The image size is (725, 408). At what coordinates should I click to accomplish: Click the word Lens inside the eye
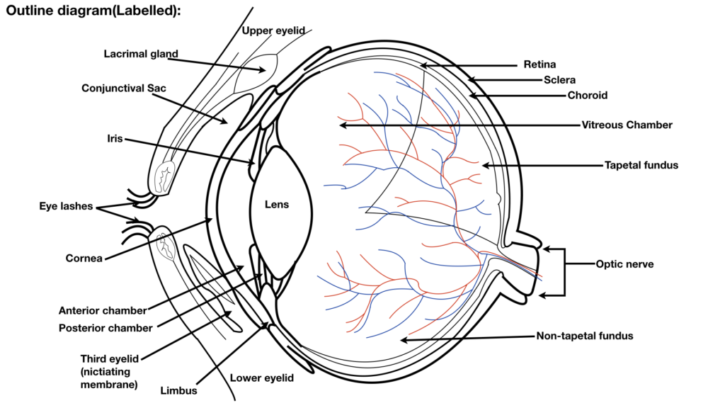click(277, 205)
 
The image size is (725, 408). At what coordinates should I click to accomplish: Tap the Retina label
click(540, 64)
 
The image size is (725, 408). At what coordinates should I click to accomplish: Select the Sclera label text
click(559, 80)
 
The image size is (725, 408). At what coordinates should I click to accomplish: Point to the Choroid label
click(587, 96)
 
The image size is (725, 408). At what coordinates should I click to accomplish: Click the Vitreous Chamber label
click(627, 125)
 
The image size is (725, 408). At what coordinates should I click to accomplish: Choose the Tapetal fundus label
click(641, 165)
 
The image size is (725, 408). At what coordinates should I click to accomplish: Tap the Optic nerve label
click(624, 264)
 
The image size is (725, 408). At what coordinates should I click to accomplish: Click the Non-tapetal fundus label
click(584, 336)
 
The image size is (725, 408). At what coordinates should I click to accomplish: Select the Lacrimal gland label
click(141, 54)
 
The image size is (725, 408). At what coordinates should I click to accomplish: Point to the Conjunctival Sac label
click(123, 89)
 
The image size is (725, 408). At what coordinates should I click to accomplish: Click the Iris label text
click(115, 138)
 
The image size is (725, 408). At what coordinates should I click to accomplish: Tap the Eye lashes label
click(66, 206)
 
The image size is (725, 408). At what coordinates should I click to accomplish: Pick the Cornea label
click(84, 258)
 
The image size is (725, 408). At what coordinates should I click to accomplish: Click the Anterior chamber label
click(103, 310)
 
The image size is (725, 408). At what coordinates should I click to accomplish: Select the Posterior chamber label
click(105, 328)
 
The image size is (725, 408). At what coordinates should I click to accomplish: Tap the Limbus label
click(178, 391)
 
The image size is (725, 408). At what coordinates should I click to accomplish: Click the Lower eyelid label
click(262, 378)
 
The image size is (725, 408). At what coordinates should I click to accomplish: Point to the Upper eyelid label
click(273, 30)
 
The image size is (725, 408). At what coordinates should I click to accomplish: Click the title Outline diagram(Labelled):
click(93, 11)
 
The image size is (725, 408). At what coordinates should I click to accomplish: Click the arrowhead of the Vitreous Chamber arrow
click(343, 125)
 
